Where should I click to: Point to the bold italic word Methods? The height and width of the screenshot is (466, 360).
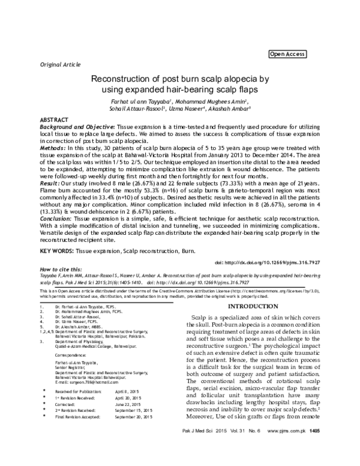point(52,147)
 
